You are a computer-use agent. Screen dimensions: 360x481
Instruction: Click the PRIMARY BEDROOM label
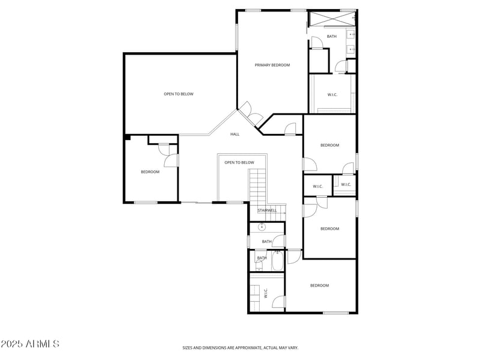click(272, 65)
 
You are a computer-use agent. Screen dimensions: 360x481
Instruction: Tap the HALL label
click(234, 134)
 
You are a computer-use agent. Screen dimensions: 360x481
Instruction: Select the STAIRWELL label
click(267, 210)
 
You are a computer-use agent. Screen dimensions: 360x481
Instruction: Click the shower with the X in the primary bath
click(331, 19)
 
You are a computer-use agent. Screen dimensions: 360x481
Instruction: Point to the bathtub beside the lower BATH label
click(278, 261)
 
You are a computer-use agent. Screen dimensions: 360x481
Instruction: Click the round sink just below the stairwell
click(262, 227)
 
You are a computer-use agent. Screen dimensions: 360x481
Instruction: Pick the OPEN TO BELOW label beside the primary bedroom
click(179, 94)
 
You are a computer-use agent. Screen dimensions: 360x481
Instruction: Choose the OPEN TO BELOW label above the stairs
click(239, 162)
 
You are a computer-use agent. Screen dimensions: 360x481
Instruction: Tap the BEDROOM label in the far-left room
click(150, 172)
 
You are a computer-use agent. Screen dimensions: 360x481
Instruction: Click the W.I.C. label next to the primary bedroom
click(332, 94)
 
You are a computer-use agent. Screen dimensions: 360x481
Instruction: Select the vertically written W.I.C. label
click(266, 293)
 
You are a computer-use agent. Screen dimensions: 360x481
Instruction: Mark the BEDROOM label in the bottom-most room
click(319, 285)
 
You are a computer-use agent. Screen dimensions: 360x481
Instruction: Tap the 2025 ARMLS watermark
click(30, 344)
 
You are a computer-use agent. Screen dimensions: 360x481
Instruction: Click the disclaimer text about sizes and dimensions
click(240, 347)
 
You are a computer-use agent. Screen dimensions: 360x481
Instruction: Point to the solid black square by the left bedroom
click(127, 138)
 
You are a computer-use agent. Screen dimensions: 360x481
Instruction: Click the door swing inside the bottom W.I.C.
click(278, 302)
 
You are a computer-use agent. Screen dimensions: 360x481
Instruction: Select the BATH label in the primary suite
click(331, 37)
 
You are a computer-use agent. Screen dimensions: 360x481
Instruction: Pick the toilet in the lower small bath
click(259, 264)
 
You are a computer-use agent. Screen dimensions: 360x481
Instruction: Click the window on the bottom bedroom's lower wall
click(335, 313)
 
